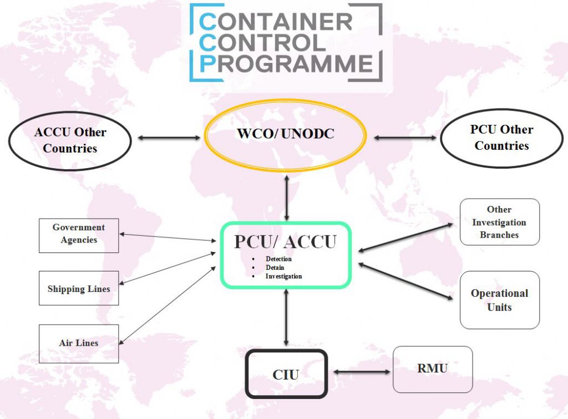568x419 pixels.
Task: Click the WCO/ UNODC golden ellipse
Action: tap(286, 134)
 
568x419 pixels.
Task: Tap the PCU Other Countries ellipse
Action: tap(501, 138)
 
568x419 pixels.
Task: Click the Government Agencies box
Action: tap(79, 234)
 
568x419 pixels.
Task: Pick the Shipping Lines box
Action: tap(79, 289)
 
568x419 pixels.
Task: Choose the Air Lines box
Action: tap(79, 343)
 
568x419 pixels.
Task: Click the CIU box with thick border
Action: tap(286, 374)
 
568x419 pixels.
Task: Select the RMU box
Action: tap(433, 369)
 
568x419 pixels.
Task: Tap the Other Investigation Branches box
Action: tap(499, 222)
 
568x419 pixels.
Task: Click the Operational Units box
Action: tap(499, 300)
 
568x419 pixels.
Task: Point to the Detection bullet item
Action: tap(278, 259)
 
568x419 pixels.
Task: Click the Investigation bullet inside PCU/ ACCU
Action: tap(283, 276)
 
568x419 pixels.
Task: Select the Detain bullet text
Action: tap(275, 267)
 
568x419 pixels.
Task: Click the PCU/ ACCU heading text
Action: tap(285, 242)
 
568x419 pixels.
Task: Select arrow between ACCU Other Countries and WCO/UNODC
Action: tap(169, 137)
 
